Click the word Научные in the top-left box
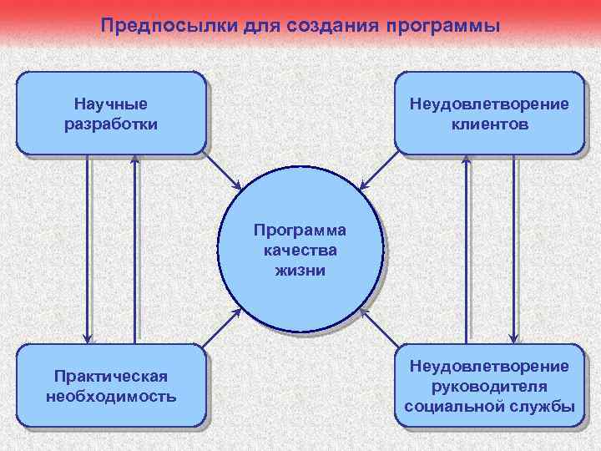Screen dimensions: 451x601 (110, 104)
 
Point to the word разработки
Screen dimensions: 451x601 (110, 124)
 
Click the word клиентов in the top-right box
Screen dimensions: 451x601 (490, 124)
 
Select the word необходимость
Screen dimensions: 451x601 (111, 395)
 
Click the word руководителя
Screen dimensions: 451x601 (490, 386)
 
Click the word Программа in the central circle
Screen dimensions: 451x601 (300, 230)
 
